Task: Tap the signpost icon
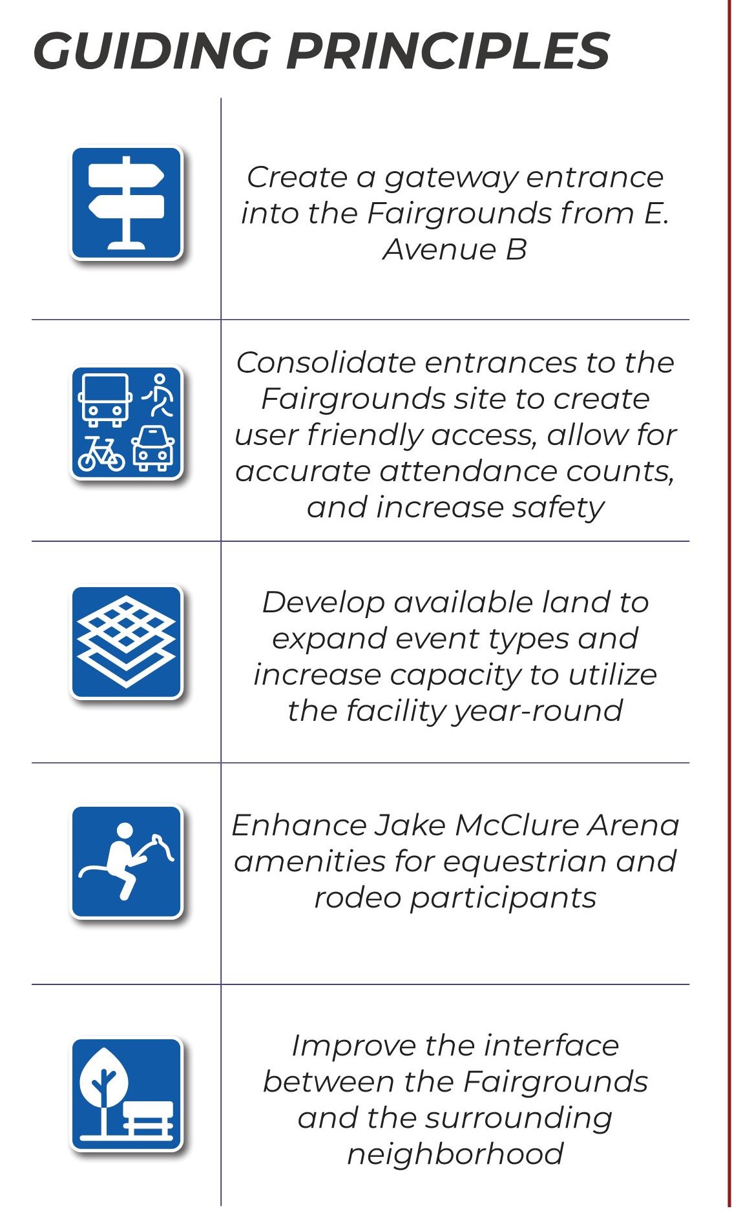127,203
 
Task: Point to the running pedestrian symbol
158,395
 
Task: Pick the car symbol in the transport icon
153,448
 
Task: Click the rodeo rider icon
127,861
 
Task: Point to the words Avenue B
455,249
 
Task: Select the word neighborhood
455,1154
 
